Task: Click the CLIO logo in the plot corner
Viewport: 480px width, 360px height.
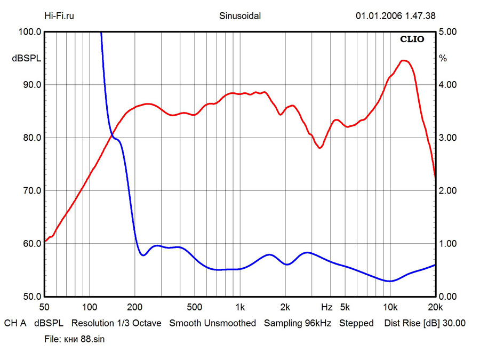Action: point(412,39)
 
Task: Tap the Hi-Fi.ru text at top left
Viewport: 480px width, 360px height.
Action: point(59,16)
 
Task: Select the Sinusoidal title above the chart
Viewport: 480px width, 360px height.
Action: point(240,16)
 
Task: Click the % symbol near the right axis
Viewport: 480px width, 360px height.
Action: point(443,59)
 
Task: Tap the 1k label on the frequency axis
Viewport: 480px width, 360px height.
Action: point(240,307)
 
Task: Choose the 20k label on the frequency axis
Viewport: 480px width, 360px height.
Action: point(435,307)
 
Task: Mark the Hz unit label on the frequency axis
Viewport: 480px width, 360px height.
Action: point(326,307)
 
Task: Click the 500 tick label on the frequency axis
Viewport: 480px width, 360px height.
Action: point(195,307)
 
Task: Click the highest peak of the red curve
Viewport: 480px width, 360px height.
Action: point(404,61)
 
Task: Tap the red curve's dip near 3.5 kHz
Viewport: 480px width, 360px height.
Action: point(320,148)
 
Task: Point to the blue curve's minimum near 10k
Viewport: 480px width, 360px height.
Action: point(390,281)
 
